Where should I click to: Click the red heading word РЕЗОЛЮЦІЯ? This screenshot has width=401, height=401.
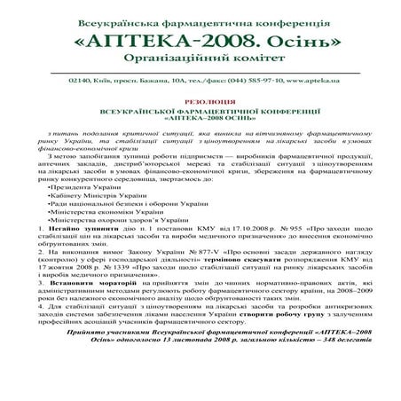coord(200,102)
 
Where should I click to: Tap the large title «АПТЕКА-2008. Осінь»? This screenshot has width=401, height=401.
coord(200,42)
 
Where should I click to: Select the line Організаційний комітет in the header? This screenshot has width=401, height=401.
coord(200,64)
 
